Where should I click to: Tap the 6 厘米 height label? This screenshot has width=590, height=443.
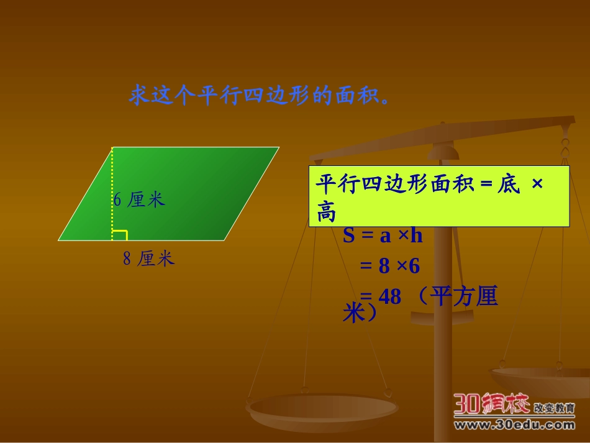(x=139, y=199)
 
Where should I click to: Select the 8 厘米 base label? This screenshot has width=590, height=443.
(x=148, y=258)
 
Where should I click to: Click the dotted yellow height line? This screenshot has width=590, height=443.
(x=112, y=180)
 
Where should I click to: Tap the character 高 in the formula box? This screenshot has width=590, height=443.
(x=327, y=212)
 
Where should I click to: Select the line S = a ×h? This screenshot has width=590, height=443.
(x=383, y=235)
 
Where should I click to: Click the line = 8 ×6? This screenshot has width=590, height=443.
(x=390, y=266)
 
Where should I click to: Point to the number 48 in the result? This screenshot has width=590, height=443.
(x=389, y=296)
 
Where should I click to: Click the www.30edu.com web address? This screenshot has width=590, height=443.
(x=514, y=426)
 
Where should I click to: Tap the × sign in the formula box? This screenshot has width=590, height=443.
(x=538, y=185)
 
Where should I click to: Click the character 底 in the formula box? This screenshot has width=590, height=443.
(x=507, y=185)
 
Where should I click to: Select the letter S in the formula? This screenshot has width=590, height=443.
(x=348, y=235)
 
